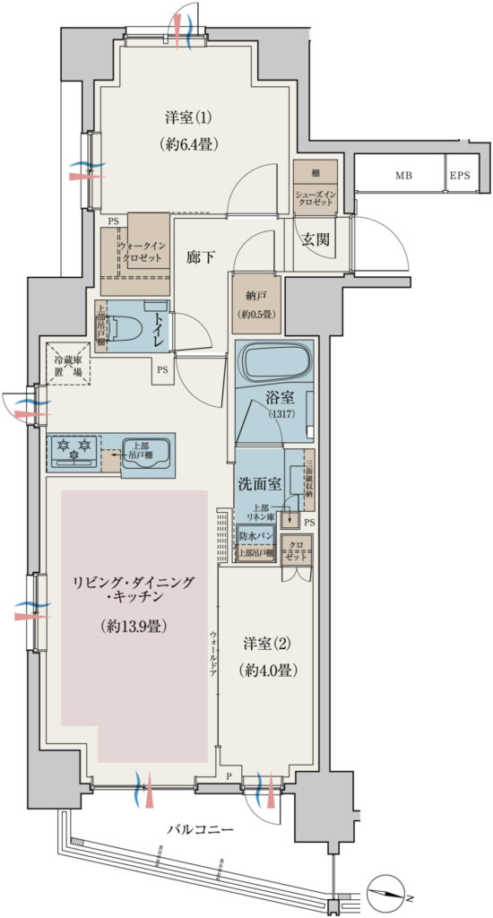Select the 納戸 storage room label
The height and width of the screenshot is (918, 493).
(x=255, y=296)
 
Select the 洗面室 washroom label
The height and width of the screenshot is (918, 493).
(x=260, y=482)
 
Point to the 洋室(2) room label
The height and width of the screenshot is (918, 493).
(x=268, y=644)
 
